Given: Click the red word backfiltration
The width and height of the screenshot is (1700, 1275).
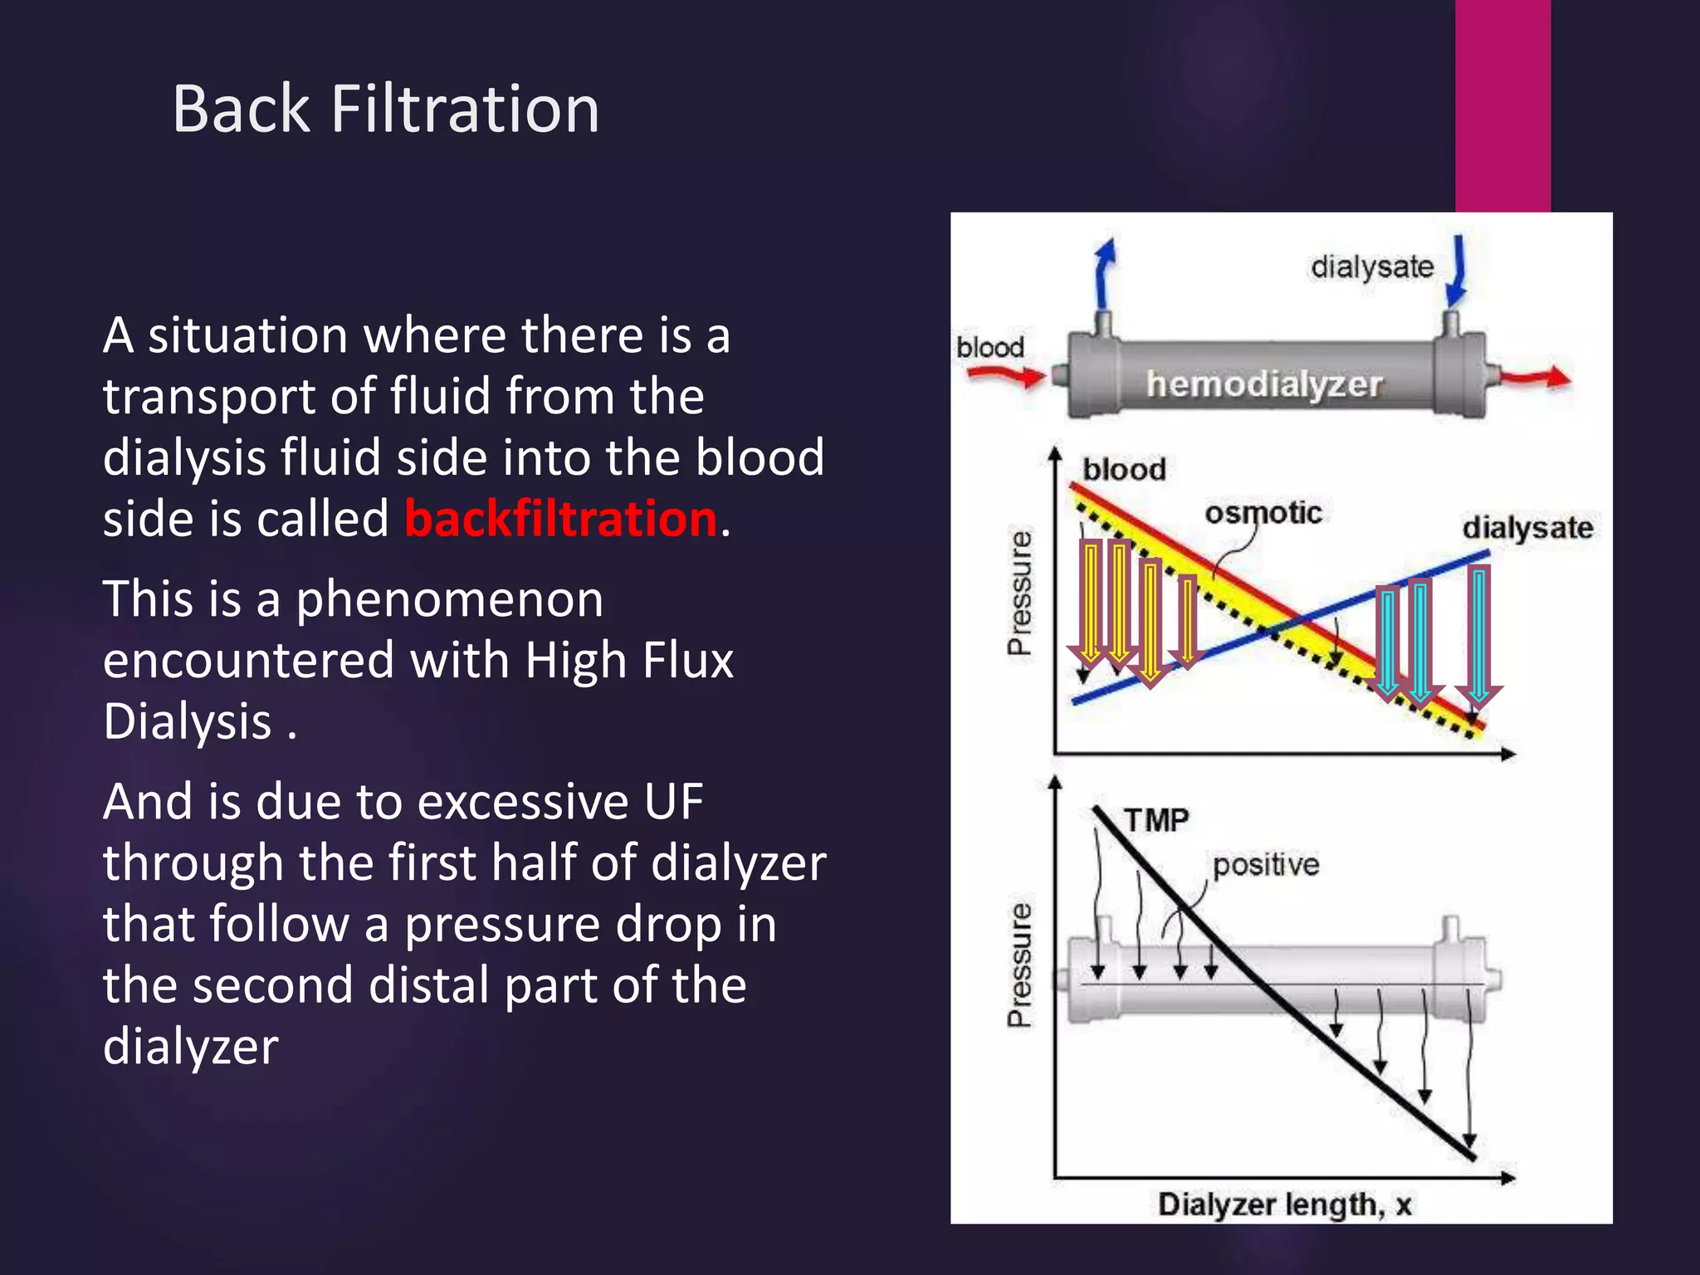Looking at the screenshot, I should (560, 519).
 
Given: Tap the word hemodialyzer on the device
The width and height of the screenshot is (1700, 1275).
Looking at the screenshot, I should (1263, 383).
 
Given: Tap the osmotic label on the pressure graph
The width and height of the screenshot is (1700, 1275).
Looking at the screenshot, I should (1263, 512).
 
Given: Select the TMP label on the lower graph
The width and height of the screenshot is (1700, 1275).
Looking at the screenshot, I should (1156, 820).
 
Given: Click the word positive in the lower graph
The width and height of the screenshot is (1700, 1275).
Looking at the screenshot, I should (1265, 865).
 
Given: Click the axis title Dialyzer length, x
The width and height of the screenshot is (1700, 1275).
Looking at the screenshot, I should (1284, 1204).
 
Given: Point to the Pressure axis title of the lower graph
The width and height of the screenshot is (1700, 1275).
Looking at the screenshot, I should (1020, 965).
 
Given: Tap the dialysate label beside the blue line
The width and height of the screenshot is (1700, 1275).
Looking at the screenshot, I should (1527, 528).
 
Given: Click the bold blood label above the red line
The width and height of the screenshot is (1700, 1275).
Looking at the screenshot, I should (1124, 470).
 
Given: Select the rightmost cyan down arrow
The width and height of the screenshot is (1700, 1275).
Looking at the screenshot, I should (1478, 635).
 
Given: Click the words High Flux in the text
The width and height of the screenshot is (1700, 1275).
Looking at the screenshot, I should (628, 661).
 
